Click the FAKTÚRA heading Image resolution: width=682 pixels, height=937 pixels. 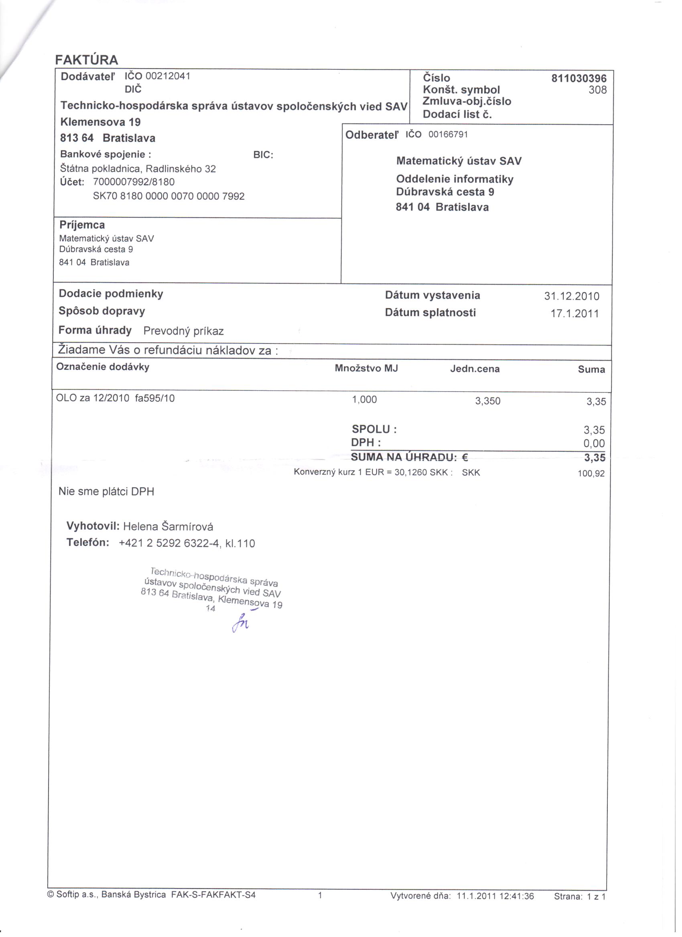point(86,60)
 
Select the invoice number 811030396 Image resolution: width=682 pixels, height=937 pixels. point(578,78)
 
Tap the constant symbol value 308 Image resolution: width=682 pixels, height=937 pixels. point(598,90)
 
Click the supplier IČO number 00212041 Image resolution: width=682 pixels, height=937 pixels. point(168,76)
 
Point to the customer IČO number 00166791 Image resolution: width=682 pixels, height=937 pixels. point(448,135)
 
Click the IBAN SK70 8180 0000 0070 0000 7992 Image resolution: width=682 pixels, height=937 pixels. point(169,196)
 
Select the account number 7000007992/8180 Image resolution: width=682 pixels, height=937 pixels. point(134,182)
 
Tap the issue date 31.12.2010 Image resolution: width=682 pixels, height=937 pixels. point(572,296)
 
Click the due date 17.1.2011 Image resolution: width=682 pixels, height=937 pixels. point(574,313)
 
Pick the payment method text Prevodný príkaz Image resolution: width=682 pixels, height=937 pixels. point(183,331)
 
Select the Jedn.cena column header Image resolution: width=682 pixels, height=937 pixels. point(475,369)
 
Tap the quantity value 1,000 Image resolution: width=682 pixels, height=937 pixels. point(364,400)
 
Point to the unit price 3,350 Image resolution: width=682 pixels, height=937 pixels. point(487,401)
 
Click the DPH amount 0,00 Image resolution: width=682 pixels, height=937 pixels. point(594,443)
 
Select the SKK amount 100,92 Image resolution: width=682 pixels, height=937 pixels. point(591,473)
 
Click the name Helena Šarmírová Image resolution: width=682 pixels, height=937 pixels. point(168,526)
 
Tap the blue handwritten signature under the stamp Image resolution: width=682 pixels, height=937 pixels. point(241,622)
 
